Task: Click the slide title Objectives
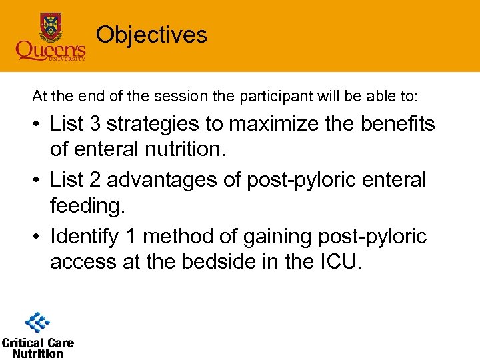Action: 151,35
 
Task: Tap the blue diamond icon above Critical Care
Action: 37,323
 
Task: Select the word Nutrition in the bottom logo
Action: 37,353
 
